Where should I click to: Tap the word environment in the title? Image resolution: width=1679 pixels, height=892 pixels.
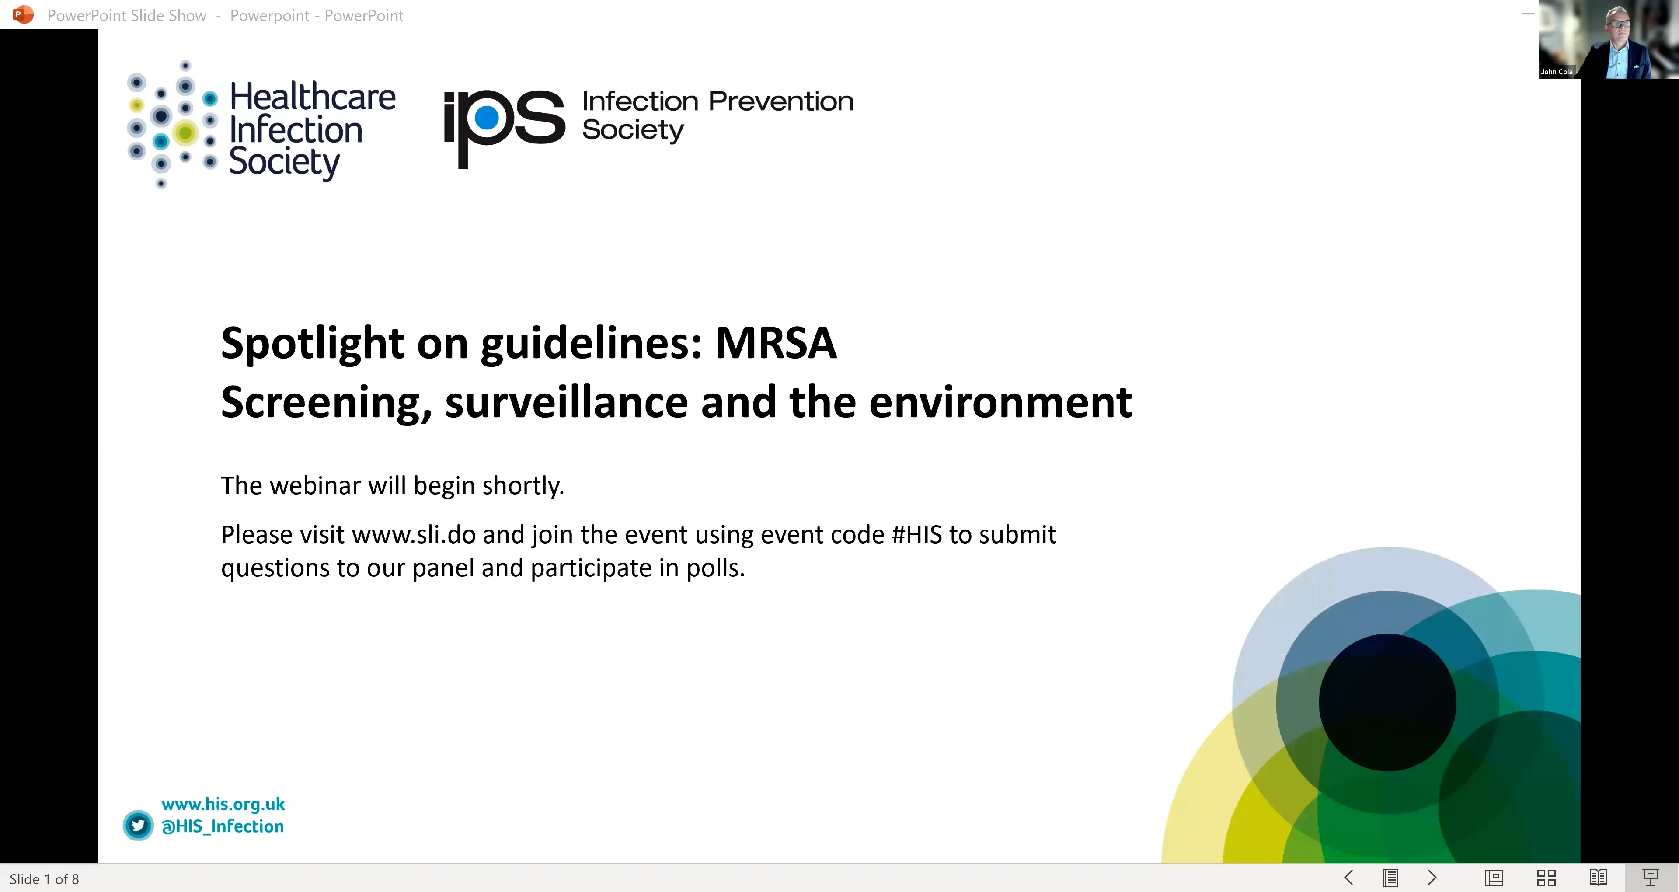(x=1000, y=402)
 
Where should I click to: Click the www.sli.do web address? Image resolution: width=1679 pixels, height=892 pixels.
(x=413, y=535)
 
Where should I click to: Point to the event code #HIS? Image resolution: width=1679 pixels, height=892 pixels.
(x=916, y=535)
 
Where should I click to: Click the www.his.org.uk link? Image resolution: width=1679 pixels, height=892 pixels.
(x=223, y=804)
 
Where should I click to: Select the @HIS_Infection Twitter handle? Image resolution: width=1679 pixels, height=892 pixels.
(x=223, y=826)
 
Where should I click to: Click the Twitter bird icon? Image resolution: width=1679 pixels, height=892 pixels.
(x=138, y=826)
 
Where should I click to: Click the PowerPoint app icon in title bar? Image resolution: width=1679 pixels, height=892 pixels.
(x=23, y=14)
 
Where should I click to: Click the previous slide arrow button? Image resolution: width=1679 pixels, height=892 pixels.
(x=1348, y=878)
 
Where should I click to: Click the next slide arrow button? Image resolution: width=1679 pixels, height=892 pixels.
(x=1432, y=878)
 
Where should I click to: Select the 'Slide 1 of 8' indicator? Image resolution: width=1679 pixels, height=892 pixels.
(x=44, y=879)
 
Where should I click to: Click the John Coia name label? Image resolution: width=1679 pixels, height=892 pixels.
(x=1557, y=72)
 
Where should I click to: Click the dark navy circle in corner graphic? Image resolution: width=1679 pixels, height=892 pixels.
(x=1387, y=702)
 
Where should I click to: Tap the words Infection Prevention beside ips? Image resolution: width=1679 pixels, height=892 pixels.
(x=717, y=102)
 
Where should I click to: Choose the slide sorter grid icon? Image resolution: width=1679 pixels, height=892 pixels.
(x=1546, y=878)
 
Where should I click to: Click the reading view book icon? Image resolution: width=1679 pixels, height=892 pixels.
(x=1598, y=878)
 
